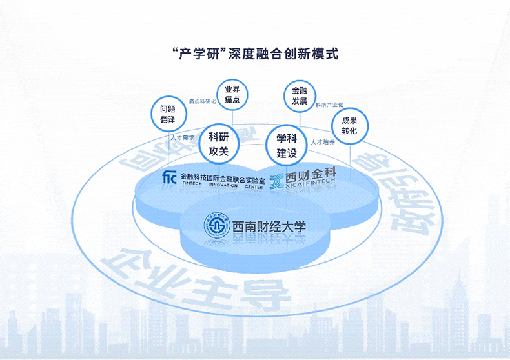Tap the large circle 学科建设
point(286,145)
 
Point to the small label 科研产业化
point(329,105)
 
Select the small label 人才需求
point(183,137)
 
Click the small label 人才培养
point(322,141)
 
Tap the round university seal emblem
point(216,225)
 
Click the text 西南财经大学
point(269,226)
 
